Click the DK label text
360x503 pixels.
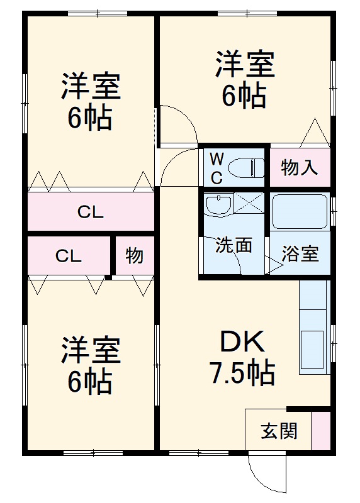pyautogui.click(x=243, y=343)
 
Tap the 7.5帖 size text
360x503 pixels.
pyautogui.click(x=242, y=374)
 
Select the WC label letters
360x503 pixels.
pyautogui.click(x=216, y=167)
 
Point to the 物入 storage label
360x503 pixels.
pyautogui.click(x=300, y=168)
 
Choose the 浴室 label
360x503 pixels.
pyautogui.click(x=300, y=255)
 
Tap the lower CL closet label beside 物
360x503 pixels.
pyautogui.click(x=69, y=256)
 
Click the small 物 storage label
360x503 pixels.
pyautogui.click(x=134, y=256)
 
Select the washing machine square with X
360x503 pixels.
pyautogui.click(x=249, y=204)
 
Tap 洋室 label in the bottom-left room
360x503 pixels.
pyautogui.click(x=91, y=351)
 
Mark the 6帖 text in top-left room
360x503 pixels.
pyautogui.click(x=91, y=118)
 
